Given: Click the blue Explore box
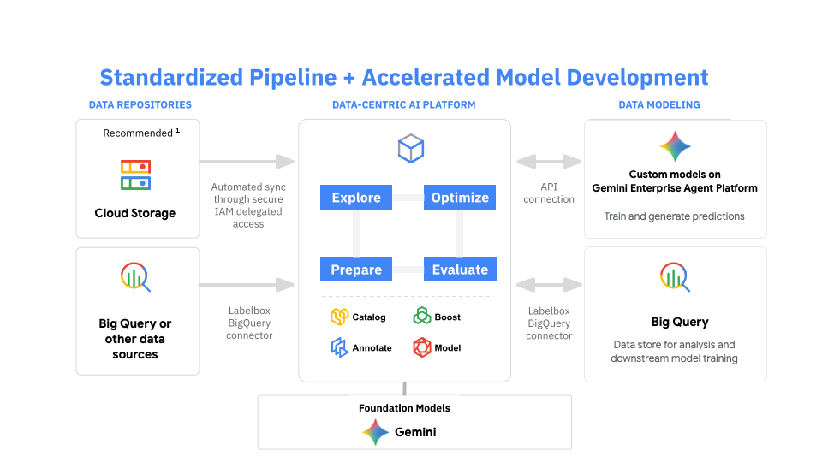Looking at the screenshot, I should (356, 198).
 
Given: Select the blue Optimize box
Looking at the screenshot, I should (460, 198).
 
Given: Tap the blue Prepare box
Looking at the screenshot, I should (356, 269).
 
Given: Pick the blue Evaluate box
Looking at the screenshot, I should (460, 269).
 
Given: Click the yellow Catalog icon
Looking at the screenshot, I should (339, 317).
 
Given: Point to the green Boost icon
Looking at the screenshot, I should (422, 317).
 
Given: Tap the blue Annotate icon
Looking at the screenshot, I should (339, 347).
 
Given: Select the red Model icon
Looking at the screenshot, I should (422, 347).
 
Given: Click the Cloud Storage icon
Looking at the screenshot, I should (135, 175).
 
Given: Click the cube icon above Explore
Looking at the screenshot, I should (411, 148).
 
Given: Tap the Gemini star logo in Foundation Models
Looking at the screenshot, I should (375, 432).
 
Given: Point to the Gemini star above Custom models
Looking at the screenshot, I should (675, 146).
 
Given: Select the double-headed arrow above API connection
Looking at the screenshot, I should (549, 161).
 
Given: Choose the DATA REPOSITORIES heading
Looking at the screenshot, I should (140, 105).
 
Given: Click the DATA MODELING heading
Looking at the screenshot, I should (659, 105).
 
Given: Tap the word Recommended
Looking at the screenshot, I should (138, 133).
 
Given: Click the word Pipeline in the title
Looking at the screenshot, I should (292, 77).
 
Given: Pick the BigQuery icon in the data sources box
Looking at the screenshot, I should (135, 276).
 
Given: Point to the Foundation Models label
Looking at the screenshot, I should (404, 408).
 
